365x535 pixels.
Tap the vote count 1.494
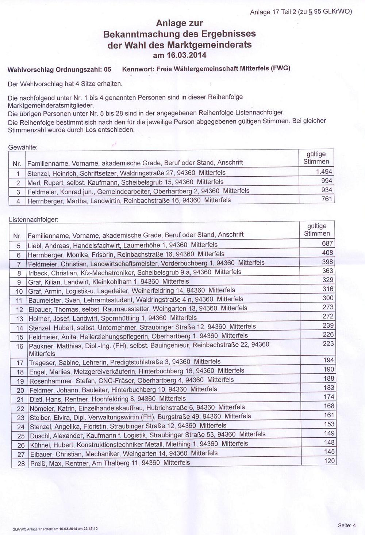click(x=324, y=172)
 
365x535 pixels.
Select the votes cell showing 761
click(x=327, y=199)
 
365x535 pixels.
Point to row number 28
click(x=21, y=464)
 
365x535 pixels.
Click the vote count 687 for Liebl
click(x=327, y=244)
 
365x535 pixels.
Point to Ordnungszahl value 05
click(x=107, y=69)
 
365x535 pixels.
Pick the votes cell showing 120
click(x=329, y=461)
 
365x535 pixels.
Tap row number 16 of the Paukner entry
click(x=20, y=346)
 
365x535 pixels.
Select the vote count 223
click(x=328, y=343)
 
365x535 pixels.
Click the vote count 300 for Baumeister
click(x=328, y=298)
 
